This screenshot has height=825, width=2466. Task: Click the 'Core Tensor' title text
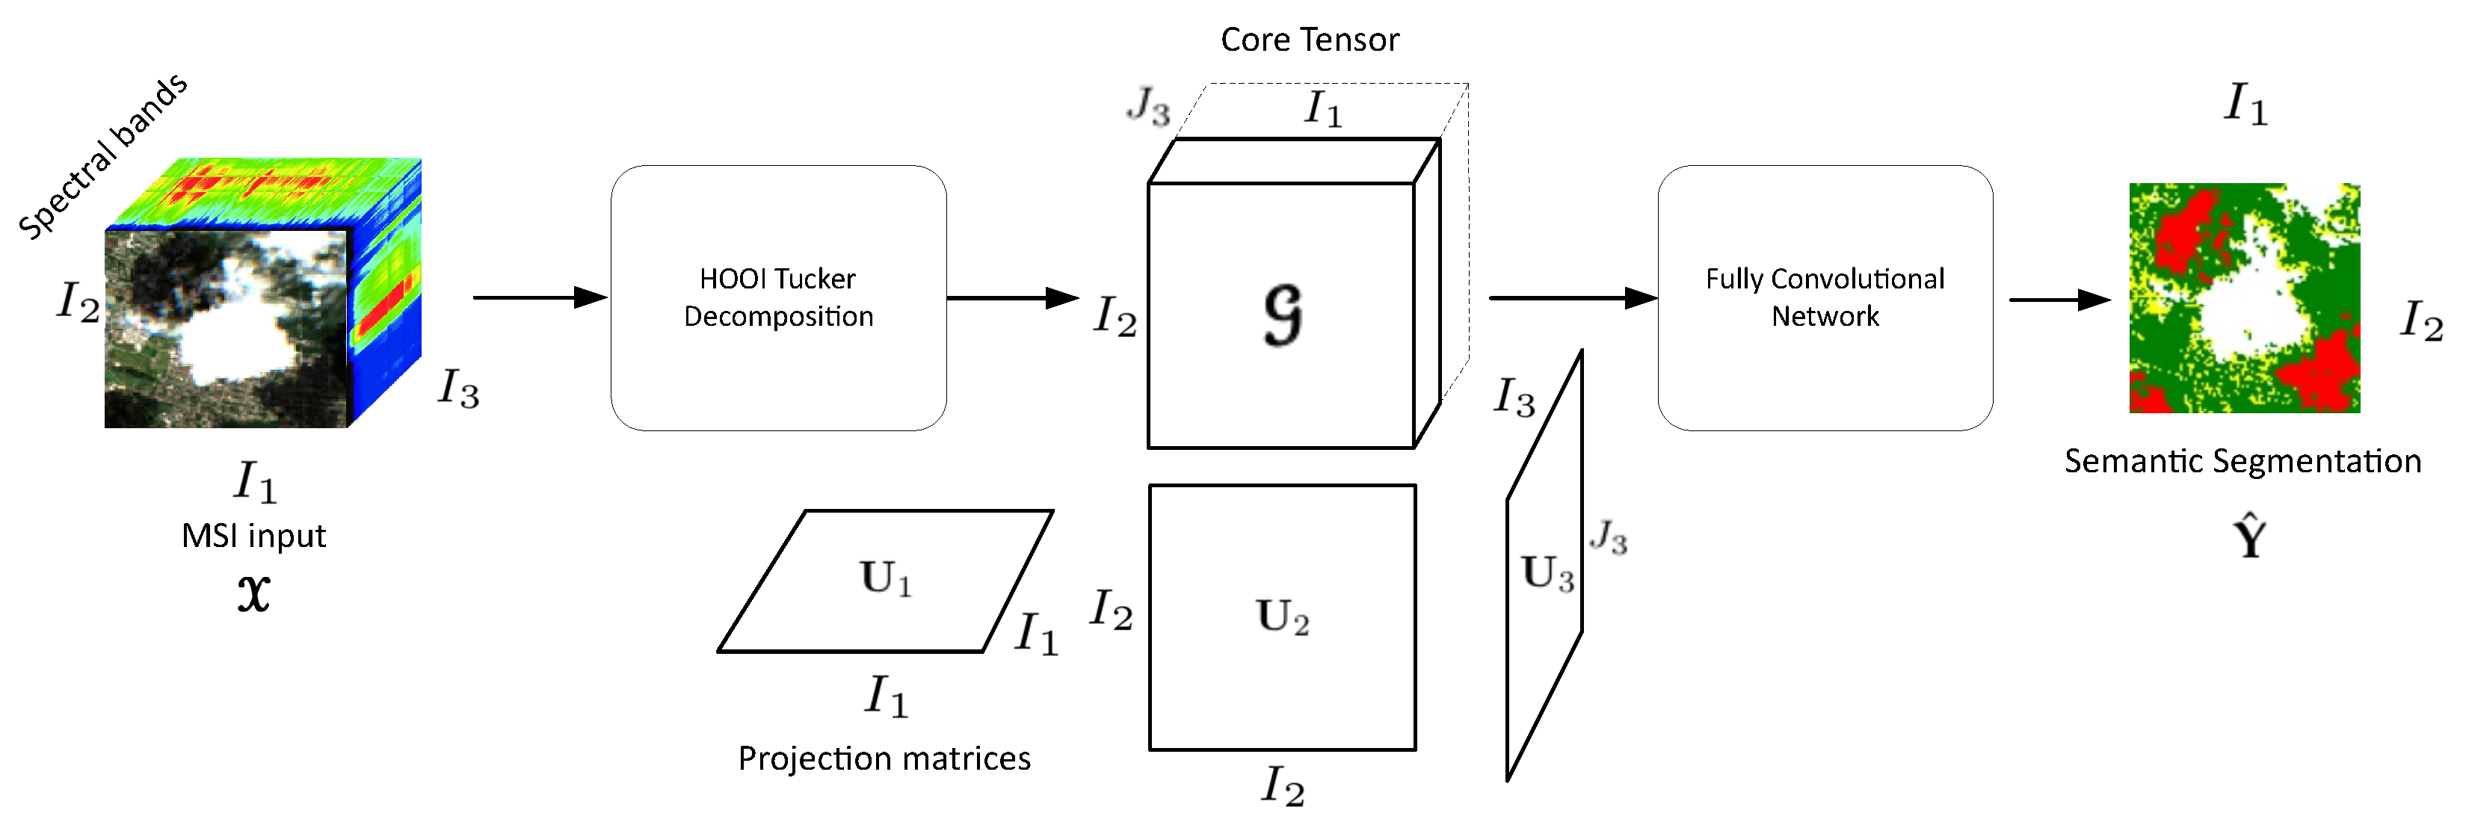pos(1309,40)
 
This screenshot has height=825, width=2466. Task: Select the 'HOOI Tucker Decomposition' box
pos(778,297)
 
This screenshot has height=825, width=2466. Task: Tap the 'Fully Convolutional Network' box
pos(1825,297)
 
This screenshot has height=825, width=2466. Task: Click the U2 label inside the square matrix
pos(1282,617)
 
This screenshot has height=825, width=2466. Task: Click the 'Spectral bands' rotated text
pos(103,156)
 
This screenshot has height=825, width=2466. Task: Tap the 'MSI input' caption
pos(253,536)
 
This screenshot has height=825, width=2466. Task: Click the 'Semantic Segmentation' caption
pos(2242,461)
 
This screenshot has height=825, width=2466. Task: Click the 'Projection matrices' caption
pos(884,758)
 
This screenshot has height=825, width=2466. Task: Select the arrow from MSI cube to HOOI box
pos(540,297)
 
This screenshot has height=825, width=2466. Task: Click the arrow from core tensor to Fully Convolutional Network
pos(1572,297)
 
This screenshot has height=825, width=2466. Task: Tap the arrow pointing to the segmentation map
pos(2058,300)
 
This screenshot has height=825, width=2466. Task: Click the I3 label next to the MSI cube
pos(457,389)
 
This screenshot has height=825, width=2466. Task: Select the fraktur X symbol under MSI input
pos(253,593)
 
